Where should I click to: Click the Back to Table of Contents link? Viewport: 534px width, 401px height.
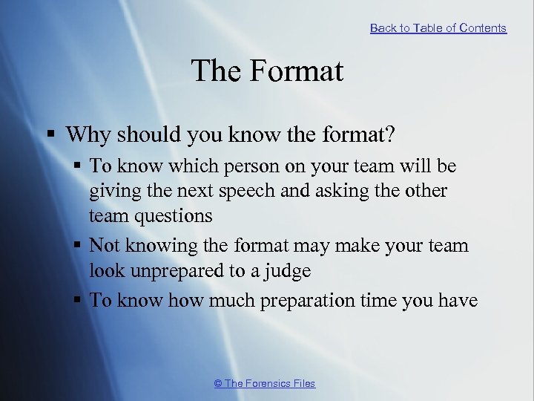pos(438,28)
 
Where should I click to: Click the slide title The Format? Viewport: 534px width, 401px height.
pos(267,71)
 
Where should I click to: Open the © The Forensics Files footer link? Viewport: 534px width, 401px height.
pos(264,383)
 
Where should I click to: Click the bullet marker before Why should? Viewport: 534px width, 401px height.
pos(49,135)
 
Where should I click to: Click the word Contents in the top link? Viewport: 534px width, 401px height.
pos(483,28)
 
